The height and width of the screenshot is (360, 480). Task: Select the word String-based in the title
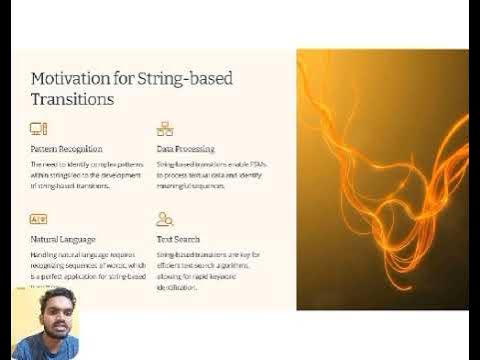click(194, 78)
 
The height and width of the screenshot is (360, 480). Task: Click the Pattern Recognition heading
click(66, 149)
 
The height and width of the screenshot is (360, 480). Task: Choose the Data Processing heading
click(185, 149)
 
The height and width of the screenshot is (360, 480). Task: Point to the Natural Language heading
click(63, 240)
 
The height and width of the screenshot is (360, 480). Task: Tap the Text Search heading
click(178, 240)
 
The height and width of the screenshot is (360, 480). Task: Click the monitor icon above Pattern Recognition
click(39, 129)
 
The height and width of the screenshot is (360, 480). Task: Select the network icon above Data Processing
click(165, 129)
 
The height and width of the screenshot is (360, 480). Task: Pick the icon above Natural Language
click(39, 219)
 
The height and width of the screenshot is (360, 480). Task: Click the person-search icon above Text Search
click(165, 219)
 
